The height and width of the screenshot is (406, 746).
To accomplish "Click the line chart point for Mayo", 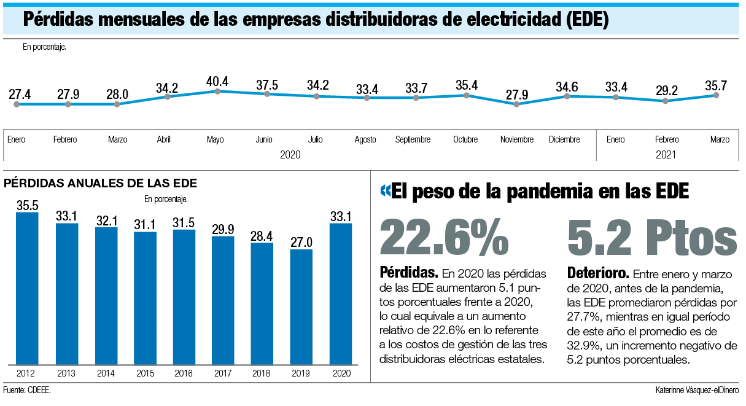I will (217, 92).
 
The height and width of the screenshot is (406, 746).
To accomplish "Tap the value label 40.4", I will (217, 81).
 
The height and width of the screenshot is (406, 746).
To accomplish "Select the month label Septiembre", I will (413, 140).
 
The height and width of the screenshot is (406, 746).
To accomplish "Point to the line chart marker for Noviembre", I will (516, 104).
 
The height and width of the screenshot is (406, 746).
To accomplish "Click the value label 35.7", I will (716, 85).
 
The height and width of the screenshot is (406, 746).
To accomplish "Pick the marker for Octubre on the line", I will (467, 95).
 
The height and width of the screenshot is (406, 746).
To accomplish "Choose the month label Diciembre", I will (564, 140).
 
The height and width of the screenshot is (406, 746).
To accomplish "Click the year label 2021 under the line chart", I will (666, 155).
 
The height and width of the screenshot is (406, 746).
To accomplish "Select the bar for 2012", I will (27, 289).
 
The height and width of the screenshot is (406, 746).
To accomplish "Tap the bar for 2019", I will (301, 307).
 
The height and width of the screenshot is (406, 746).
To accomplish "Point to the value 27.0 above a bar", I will (301, 243).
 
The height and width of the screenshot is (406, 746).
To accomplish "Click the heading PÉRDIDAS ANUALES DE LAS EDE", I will (100, 183).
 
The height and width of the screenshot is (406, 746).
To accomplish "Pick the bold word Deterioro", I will (597, 273).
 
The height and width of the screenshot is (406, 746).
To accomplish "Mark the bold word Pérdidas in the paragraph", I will (409, 272).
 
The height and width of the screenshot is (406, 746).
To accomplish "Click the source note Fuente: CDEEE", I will (27, 391).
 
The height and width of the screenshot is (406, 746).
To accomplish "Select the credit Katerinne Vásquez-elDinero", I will (697, 391).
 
